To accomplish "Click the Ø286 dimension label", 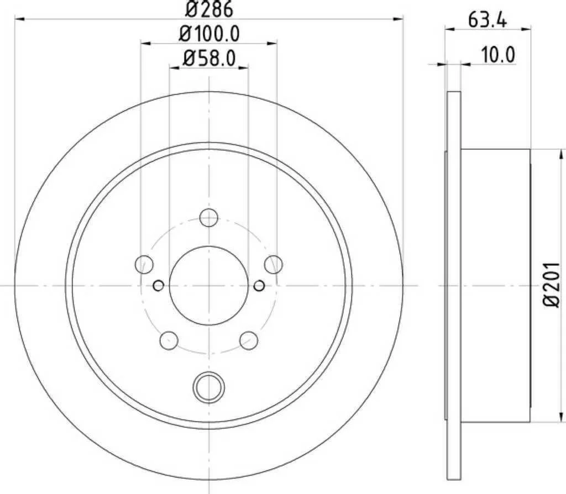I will point(209,9).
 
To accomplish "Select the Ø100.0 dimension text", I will point(209,34).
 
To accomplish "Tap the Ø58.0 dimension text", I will point(209,57).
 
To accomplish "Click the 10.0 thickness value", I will point(499,55).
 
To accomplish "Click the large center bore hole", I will point(209,285).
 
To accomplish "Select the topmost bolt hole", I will point(209,218).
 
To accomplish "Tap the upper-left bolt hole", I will point(144,265).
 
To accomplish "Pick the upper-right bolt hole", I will point(274,265).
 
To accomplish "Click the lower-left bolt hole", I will point(169,340).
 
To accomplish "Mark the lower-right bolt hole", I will point(249,340).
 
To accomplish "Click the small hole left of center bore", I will point(159,285).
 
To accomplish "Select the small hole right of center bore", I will point(259,285).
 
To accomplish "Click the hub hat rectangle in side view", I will point(495,286).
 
